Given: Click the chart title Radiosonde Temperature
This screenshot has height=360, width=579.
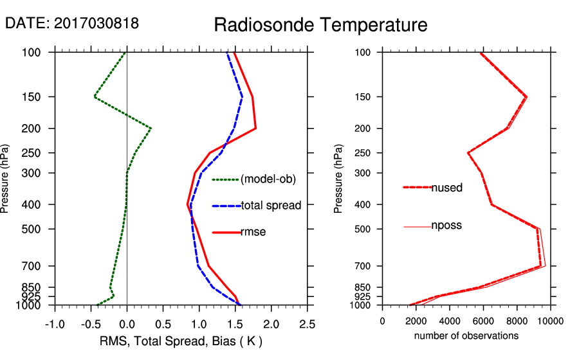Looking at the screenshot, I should pyautogui.click(x=320, y=25).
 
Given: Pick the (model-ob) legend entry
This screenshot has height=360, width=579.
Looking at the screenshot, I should pyautogui.click(x=268, y=179).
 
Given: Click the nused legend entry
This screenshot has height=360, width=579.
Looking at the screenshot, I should pyautogui.click(x=446, y=188).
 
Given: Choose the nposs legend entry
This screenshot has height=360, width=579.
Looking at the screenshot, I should pyautogui.click(x=446, y=226).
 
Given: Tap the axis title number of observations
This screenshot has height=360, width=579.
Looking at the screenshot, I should pyautogui.click(x=466, y=336).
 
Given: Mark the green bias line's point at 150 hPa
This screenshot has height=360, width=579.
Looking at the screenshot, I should pyautogui.click(x=95, y=97).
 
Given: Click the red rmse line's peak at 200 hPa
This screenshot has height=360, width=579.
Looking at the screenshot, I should pyautogui.click(x=256, y=129).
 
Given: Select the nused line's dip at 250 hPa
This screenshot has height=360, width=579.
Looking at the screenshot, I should pyautogui.click(x=468, y=153).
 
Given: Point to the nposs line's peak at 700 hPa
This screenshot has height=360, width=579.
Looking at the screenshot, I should pyautogui.click(x=546, y=266).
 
